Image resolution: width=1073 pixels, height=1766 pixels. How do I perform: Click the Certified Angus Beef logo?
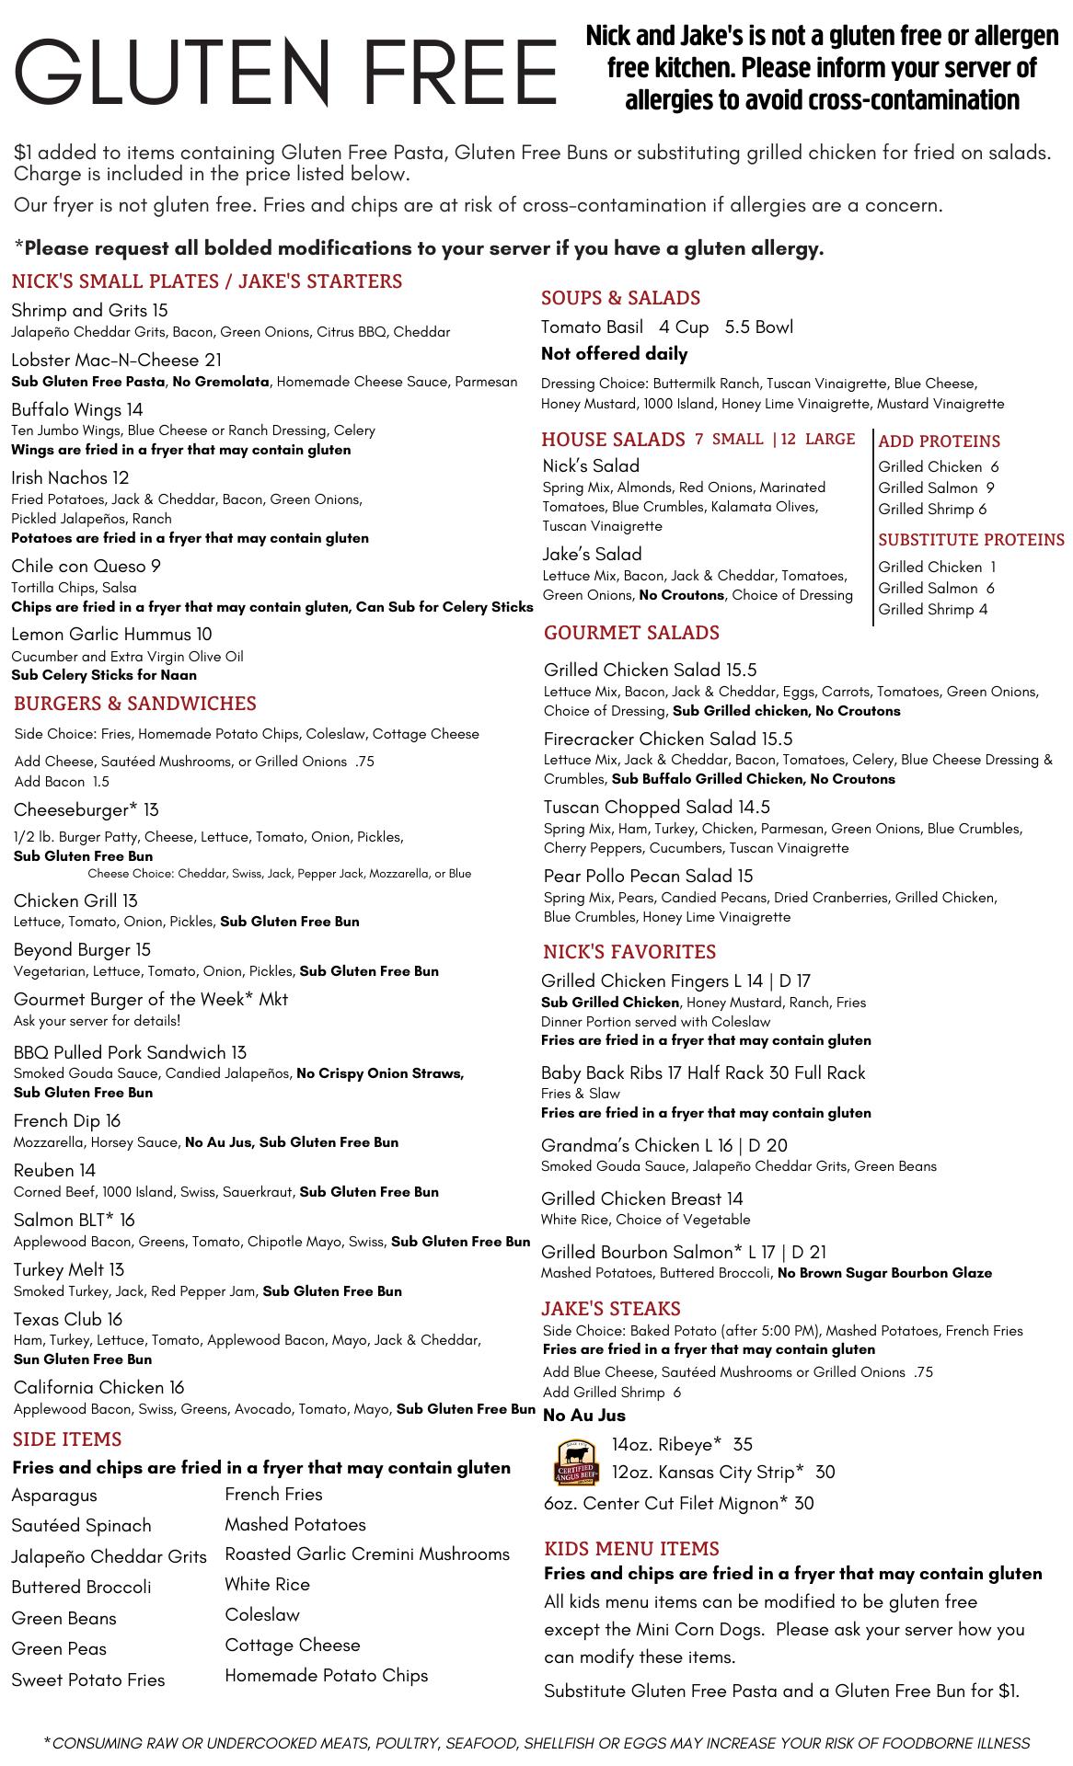pos(576,1461)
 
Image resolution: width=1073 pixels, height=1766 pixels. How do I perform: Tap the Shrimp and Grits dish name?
pos(89,311)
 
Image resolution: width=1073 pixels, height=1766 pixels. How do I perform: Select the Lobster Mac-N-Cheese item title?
pos(116,360)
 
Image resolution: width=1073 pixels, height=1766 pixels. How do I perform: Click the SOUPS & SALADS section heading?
pos(620,298)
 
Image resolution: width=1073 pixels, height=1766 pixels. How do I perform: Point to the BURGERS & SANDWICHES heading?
pos(134,704)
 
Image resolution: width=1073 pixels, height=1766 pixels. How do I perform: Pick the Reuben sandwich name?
pos(54,1170)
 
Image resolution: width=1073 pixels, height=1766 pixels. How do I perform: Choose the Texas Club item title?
pos(67,1319)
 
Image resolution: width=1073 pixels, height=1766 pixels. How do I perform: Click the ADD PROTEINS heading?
pos(939,441)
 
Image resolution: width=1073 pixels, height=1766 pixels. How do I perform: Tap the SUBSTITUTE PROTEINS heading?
pos(971,540)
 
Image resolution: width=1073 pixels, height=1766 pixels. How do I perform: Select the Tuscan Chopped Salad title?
pos(656,807)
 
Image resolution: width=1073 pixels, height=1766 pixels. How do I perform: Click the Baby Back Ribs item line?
pos(703,1072)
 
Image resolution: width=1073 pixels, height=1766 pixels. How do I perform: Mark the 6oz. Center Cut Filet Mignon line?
pos(678,1504)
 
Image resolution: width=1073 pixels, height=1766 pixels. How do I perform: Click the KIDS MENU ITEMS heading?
pos(630,1549)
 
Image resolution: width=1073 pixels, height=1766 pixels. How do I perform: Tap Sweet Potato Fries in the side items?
pos(88,1680)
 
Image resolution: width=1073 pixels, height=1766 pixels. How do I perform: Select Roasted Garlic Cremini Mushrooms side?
pos(367,1554)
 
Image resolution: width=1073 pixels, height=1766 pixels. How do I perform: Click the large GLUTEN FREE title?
pos(286,74)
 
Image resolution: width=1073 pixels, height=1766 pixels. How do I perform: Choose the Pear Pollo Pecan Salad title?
pos(648,876)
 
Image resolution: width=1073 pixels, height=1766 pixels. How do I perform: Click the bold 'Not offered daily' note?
pos(614,354)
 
